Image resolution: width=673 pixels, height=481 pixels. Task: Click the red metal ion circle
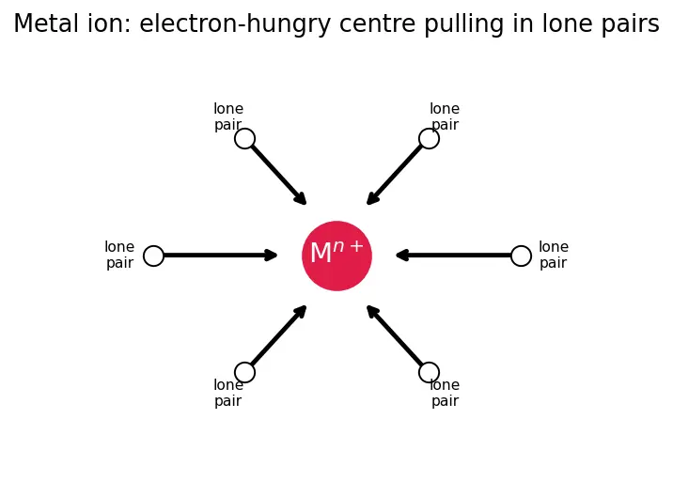click(336, 256)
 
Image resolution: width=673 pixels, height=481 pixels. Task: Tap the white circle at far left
click(153, 256)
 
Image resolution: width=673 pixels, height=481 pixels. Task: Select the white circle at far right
click(521, 256)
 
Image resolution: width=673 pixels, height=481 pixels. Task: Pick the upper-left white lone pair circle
click(245, 139)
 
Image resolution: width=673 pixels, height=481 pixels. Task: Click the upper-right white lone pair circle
click(429, 139)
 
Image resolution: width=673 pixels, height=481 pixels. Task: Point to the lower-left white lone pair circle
click(245, 372)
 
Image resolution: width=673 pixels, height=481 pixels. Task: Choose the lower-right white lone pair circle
click(429, 372)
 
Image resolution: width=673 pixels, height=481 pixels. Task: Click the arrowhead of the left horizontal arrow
click(272, 256)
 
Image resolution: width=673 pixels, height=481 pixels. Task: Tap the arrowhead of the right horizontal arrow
click(402, 256)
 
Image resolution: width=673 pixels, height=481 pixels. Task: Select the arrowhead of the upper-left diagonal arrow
click(301, 198)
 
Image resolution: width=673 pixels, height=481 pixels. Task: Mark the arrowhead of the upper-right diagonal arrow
click(372, 198)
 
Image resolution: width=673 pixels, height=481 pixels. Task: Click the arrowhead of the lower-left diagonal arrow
click(301, 312)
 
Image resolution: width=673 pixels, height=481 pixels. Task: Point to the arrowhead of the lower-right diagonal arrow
click(372, 312)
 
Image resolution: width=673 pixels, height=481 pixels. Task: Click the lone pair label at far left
click(119, 255)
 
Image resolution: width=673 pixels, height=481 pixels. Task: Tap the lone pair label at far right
click(554, 255)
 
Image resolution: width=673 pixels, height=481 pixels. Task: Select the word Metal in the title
click(47, 23)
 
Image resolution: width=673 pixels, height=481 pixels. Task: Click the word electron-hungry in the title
click(235, 24)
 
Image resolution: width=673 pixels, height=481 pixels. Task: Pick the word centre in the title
click(377, 24)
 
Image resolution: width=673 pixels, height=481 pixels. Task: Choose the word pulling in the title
click(464, 24)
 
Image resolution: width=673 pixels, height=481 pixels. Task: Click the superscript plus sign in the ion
click(356, 246)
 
